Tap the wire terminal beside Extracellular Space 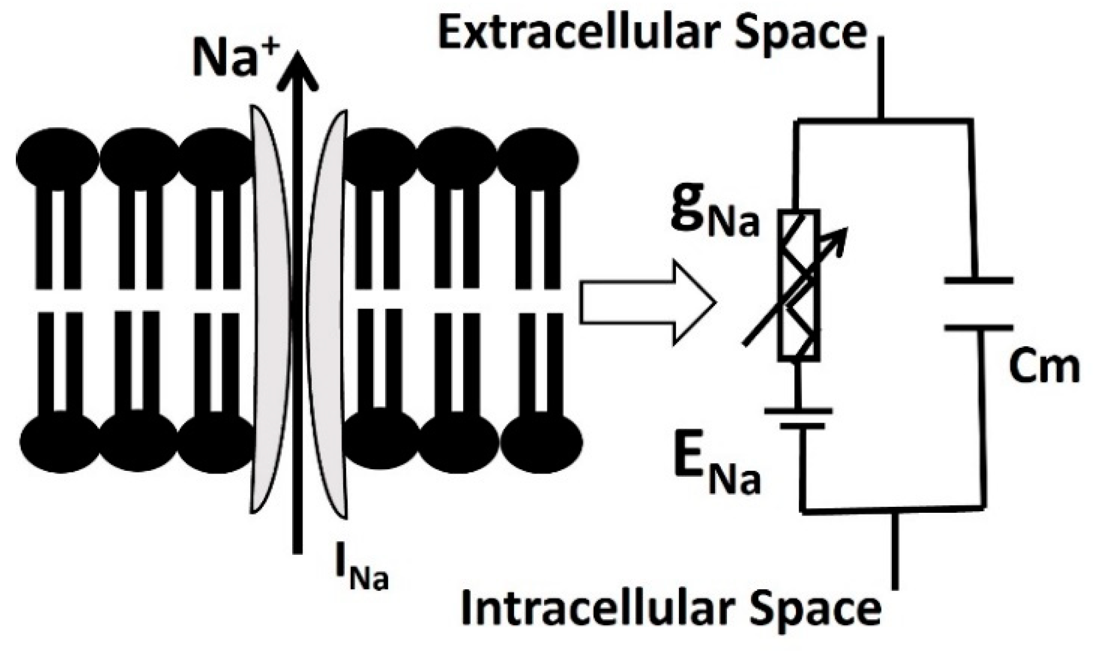(x=880, y=76)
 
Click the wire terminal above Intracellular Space (x=894, y=552)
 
